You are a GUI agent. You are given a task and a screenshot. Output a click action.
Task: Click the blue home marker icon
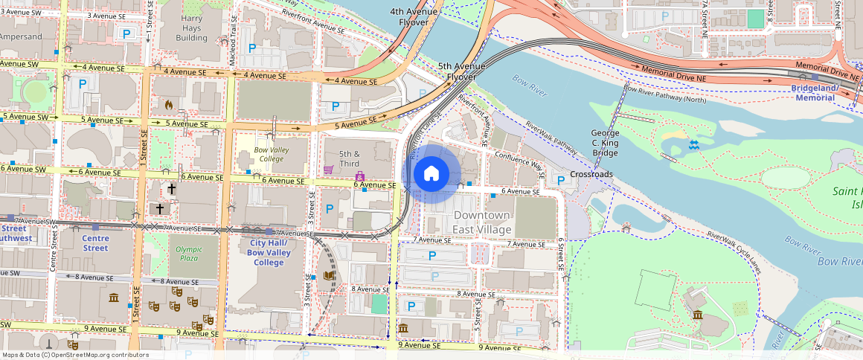[x=431, y=174]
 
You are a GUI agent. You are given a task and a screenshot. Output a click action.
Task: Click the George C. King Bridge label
[x=605, y=143]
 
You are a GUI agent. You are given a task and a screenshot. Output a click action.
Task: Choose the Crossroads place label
[x=591, y=174]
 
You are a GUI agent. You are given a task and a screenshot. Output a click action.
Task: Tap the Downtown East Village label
[x=482, y=222]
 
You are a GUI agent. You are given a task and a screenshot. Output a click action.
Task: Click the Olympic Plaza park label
[x=189, y=254]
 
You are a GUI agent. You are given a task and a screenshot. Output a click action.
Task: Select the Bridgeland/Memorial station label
[x=815, y=92]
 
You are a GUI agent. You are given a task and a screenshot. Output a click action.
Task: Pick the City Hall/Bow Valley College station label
[x=269, y=253]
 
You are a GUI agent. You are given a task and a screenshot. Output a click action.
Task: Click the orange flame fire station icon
[x=169, y=105]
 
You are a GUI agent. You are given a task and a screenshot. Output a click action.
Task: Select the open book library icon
[x=329, y=276]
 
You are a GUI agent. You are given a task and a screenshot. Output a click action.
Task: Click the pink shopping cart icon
[x=328, y=170]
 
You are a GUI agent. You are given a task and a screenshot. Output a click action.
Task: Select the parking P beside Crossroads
[x=560, y=179]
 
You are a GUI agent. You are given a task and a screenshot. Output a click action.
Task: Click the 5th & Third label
[x=350, y=158]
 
